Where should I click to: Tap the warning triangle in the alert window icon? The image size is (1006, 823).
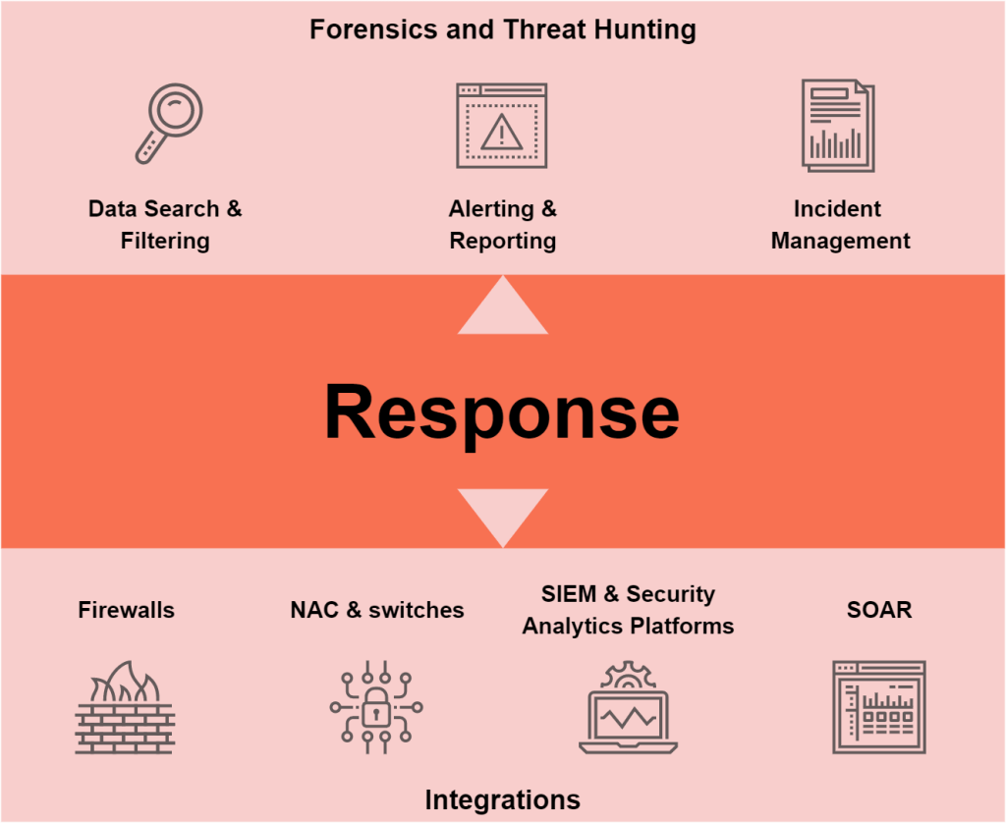click(502, 131)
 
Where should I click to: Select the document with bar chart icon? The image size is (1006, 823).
click(837, 127)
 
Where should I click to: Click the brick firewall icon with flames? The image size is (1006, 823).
click(125, 708)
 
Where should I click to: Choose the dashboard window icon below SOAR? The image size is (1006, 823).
click(878, 707)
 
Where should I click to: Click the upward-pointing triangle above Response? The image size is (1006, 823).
click(502, 309)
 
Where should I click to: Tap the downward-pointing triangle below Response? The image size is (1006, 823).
click(502, 513)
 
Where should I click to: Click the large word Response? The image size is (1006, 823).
click(502, 411)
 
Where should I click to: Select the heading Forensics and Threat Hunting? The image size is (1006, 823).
click(502, 29)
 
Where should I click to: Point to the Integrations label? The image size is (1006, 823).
click(502, 798)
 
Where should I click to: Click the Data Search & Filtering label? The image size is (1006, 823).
click(165, 225)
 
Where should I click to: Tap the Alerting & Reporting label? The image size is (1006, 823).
click(502, 225)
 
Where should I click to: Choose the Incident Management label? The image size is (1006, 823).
click(840, 225)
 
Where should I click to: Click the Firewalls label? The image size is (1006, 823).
click(126, 610)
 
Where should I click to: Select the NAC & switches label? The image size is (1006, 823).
click(377, 610)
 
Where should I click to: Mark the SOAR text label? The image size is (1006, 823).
click(879, 610)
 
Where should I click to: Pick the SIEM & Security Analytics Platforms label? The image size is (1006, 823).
click(628, 610)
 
